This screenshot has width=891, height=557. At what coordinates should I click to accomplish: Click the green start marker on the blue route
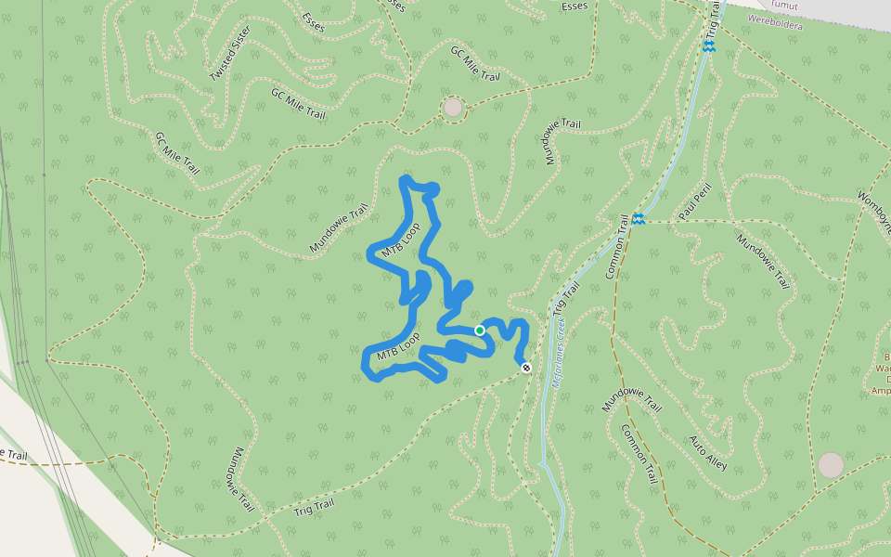tap(480, 330)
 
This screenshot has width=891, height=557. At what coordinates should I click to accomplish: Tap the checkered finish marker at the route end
tap(526, 368)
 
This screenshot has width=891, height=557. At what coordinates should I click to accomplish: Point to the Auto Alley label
tap(708, 452)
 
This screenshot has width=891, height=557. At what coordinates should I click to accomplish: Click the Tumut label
tap(784, 5)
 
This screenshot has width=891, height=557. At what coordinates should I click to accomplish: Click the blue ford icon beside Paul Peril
tap(638, 219)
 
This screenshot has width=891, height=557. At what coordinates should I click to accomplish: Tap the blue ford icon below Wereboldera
tap(708, 45)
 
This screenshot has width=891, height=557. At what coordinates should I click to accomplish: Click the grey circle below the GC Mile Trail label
tap(452, 108)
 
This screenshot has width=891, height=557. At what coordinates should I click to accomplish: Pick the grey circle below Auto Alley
tap(831, 465)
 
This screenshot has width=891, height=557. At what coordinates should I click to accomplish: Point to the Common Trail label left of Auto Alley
tap(639, 454)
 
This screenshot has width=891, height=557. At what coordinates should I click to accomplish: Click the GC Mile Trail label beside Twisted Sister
tap(298, 103)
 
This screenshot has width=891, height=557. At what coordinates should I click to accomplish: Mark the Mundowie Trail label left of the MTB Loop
tap(339, 228)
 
